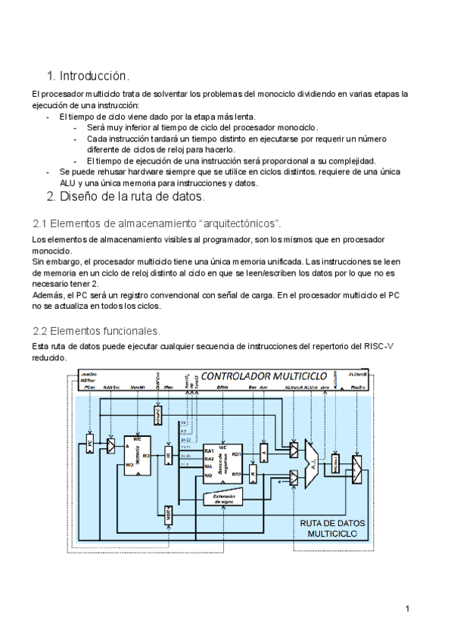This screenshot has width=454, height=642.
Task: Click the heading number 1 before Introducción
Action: (50, 76)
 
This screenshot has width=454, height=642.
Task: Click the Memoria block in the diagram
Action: (138, 454)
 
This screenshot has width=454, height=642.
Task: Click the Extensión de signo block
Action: (225, 499)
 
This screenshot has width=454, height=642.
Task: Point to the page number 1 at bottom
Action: (407, 609)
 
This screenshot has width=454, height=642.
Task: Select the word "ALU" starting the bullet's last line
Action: (69, 182)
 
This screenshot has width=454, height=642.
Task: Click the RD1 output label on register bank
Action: (236, 453)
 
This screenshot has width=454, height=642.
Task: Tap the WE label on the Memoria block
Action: (137, 438)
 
